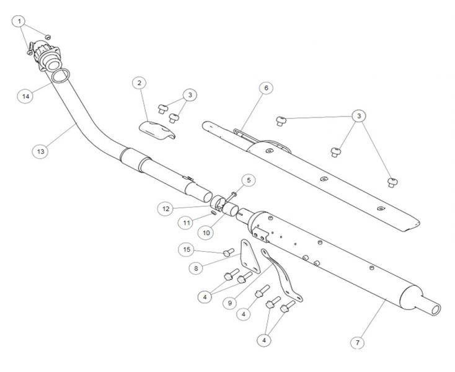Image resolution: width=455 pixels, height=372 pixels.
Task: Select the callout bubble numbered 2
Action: pyautogui.click(x=139, y=82)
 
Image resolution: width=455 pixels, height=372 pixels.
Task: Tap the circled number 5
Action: pyautogui.click(x=247, y=180)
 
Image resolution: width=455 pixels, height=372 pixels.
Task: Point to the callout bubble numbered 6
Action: pyautogui.click(x=265, y=88)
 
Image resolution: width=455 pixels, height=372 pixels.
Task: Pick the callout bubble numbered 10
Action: pyautogui.click(x=206, y=231)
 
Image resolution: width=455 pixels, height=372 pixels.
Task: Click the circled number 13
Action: pyautogui.click(x=40, y=150)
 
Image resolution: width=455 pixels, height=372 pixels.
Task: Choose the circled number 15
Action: pyautogui.click(x=185, y=249)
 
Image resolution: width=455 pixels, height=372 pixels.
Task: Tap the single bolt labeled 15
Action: pyautogui.click(x=228, y=252)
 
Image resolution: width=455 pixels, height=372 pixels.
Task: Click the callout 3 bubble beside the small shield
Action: pyautogui.click(x=190, y=95)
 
